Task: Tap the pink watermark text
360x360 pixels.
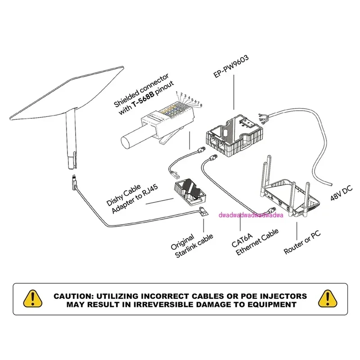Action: coord(249,216)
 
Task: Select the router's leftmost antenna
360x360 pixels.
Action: coord(264,175)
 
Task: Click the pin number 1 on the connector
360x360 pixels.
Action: coord(176,92)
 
